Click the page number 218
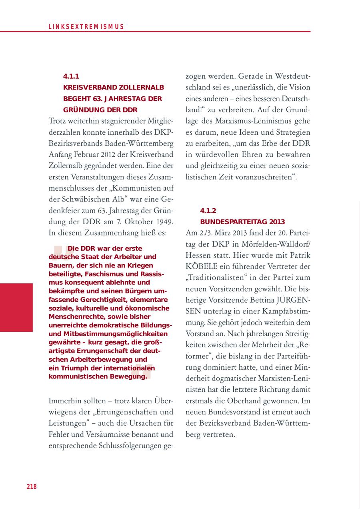pos(32,486)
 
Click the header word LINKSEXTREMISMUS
pos(86,27)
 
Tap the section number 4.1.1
pos(71,76)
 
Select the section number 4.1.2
pos(208,211)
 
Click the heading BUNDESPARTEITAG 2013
pos(242,221)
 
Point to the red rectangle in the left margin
pos(16,307)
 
